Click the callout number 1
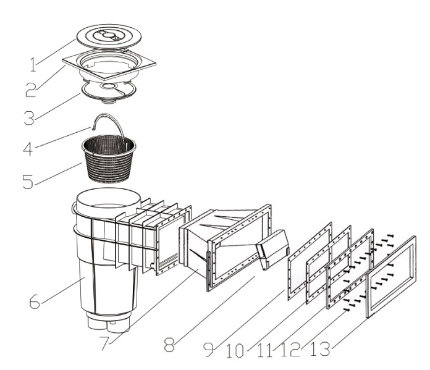[33, 65]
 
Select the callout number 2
[31, 90]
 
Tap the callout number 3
[29, 118]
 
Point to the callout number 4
[28, 149]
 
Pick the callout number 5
[28, 181]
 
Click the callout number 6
[35, 301]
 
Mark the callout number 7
[105, 343]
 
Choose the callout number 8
[169, 345]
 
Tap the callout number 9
[209, 350]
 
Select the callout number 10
[235, 351]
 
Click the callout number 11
[264, 350]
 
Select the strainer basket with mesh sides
[109, 159]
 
